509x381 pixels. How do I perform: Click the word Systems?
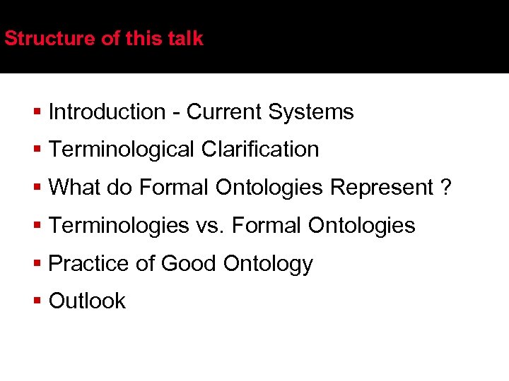tap(312, 111)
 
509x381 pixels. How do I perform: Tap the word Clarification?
tap(260, 150)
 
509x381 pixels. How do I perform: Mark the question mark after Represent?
tap(445, 188)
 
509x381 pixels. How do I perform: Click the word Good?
tap(189, 264)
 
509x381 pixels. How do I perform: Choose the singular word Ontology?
tap(268, 264)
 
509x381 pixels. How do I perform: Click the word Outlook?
tap(87, 301)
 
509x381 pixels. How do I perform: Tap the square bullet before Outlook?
tap(38, 301)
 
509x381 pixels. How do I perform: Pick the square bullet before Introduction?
tap(38, 111)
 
